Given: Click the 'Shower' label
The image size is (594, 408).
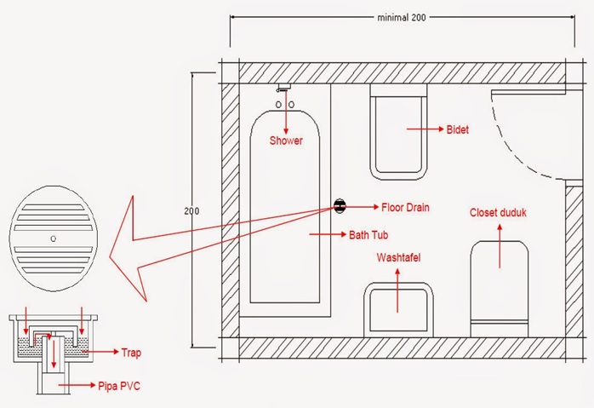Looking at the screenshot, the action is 286,141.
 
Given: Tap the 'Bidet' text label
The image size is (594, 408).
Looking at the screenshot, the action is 458,129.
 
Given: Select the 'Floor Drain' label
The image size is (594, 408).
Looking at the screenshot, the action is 405,208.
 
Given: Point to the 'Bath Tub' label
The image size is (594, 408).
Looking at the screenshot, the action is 368,235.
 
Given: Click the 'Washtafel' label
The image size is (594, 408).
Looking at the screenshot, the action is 398,258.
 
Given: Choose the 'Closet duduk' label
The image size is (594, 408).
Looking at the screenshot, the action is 498,212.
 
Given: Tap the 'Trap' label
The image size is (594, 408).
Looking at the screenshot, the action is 131,353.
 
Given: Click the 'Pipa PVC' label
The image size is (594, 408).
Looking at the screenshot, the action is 119,386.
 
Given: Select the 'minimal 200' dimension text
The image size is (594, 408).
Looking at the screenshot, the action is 402,17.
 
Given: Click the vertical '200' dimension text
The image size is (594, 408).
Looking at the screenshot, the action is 191,211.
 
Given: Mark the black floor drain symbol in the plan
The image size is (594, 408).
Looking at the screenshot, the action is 340,206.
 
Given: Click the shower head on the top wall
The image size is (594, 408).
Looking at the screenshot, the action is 283,88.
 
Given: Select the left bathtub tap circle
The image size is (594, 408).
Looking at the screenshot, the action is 278,104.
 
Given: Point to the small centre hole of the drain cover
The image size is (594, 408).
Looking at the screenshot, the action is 54,238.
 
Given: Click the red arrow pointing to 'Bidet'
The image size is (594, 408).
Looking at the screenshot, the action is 425,129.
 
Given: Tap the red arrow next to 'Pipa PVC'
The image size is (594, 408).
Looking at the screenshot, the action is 77,385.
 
